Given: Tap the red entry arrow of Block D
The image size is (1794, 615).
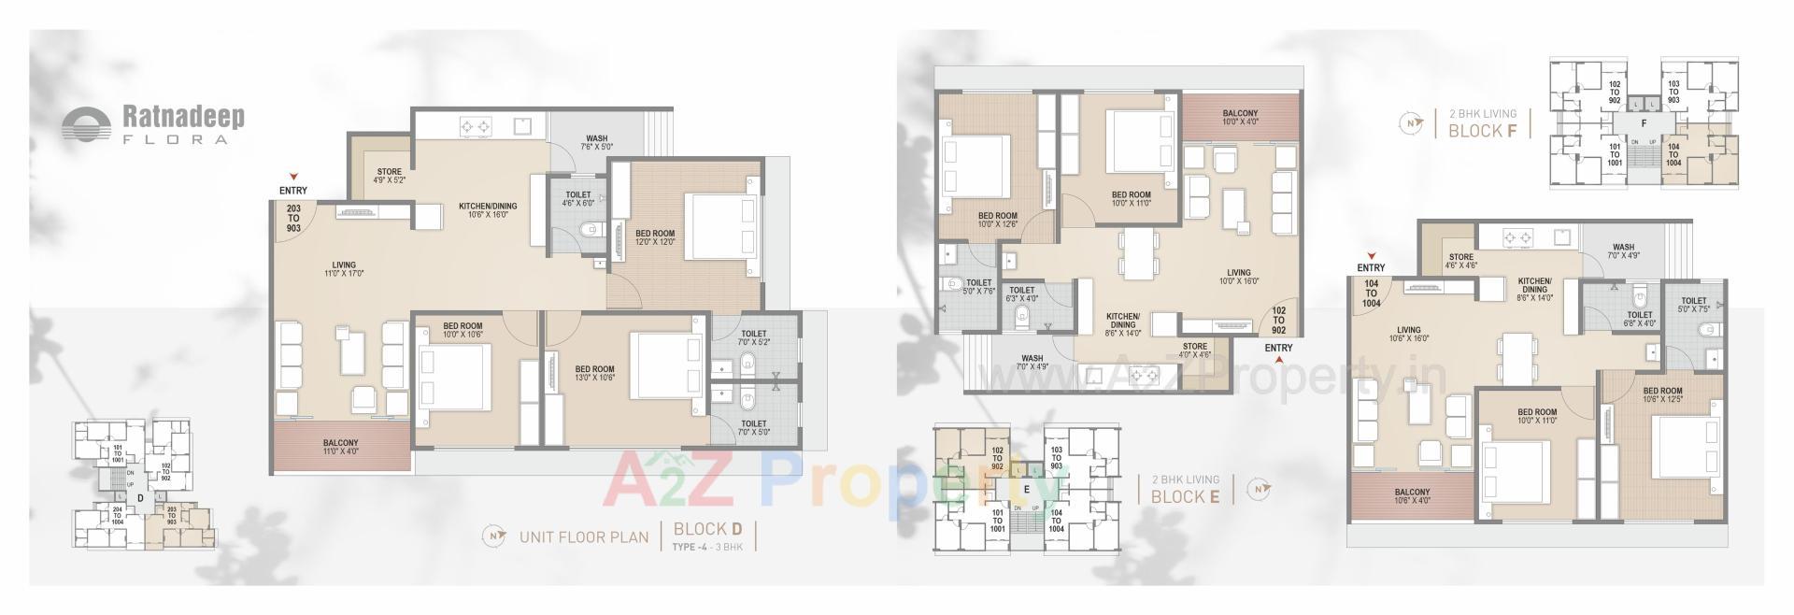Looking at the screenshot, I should (293, 176).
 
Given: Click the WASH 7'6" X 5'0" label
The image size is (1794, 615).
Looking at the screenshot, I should (596, 143).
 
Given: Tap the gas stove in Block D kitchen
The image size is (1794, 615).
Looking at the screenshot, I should (475, 125).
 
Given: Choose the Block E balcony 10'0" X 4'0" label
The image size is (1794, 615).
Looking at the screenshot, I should (1240, 118).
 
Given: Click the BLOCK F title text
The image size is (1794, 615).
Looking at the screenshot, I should (1482, 131).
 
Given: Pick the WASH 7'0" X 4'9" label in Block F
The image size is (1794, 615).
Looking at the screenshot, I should (1623, 251).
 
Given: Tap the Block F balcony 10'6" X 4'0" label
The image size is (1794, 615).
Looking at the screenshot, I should (1411, 497).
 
